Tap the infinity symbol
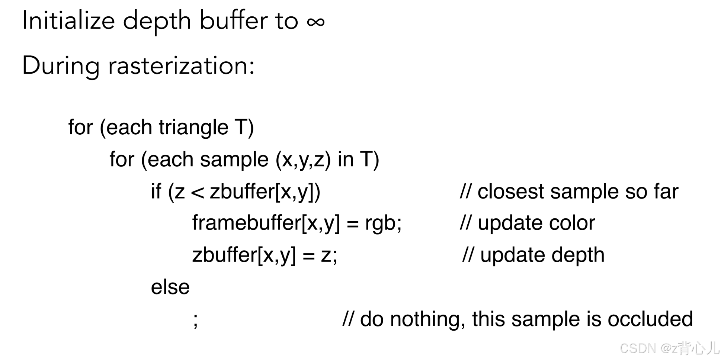(315, 22)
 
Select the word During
(61, 66)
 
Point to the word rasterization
(181, 66)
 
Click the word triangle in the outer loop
(193, 127)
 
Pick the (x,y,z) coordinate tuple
(303, 160)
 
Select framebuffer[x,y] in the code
(266, 223)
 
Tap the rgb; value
(383, 223)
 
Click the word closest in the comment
(510, 192)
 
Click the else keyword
(170, 287)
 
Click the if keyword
(156, 192)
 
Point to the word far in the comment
(666, 192)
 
